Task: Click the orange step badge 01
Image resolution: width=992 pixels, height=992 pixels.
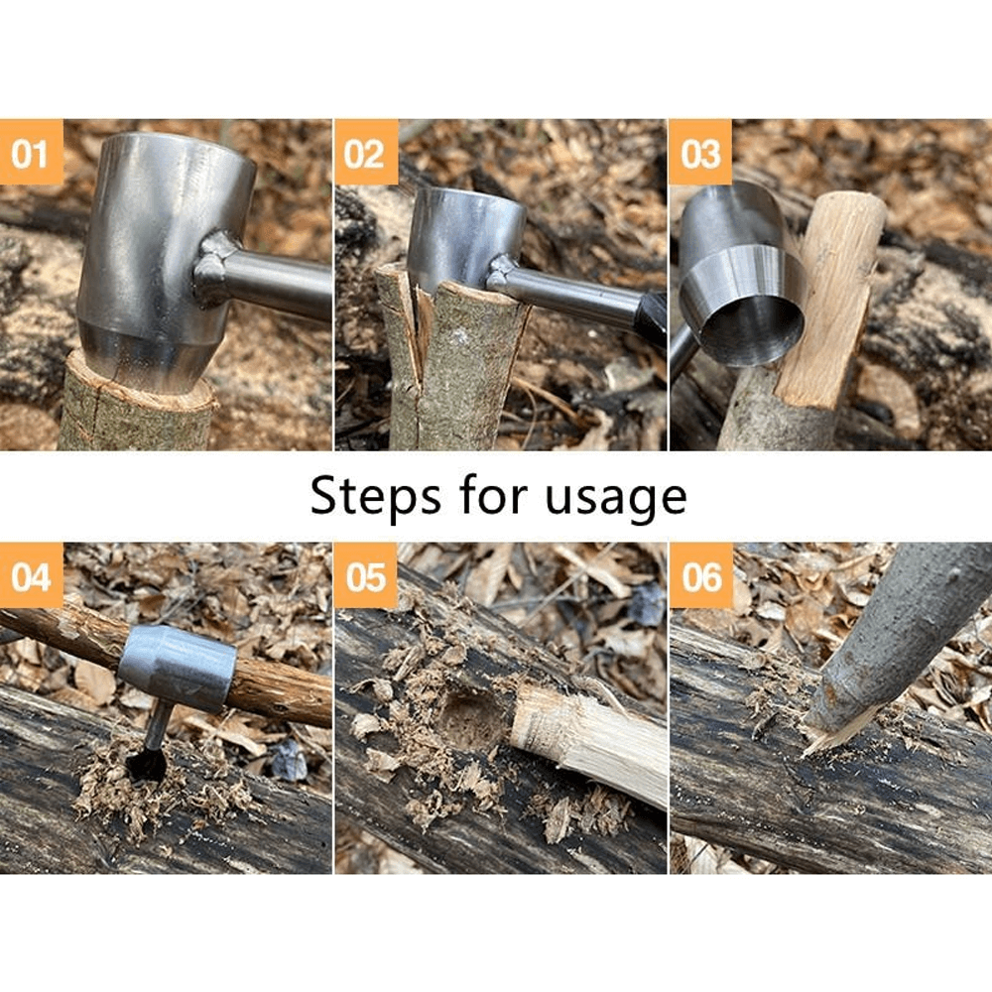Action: pos(31,152)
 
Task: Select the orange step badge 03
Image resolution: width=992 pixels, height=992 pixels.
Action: pos(700,152)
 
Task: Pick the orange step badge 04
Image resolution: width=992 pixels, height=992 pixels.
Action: pos(31,575)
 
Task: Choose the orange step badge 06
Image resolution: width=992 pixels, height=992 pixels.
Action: pos(700,575)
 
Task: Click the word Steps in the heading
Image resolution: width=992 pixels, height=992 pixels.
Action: pos(377,496)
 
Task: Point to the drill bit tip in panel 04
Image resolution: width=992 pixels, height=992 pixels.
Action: pos(147,764)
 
